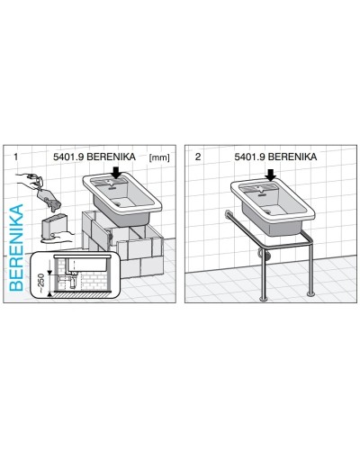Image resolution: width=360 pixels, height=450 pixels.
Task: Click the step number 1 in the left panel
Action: pyautogui.click(x=15, y=157)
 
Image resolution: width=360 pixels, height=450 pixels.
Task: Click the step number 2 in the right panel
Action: pyautogui.click(x=198, y=157)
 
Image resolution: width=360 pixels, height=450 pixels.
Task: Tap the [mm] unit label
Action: pyautogui.click(x=159, y=157)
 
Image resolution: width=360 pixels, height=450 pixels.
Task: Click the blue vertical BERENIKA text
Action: pyautogui.click(x=16, y=247)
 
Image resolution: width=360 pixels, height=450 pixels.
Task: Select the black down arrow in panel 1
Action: pyautogui.click(x=116, y=172)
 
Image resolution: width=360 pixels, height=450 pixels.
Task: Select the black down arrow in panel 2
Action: pyautogui.click(x=271, y=175)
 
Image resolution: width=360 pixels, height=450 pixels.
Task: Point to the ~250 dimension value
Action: pyautogui.click(x=41, y=283)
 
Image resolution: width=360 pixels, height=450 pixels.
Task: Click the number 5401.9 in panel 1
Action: pyautogui.click(x=68, y=157)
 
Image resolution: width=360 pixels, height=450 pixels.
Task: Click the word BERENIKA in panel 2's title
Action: pyautogui.click(x=292, y=157)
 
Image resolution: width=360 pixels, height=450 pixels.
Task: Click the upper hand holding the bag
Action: pyautogui.click(x=28, y=177)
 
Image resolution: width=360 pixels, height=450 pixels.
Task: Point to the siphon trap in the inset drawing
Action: pyautogui.click(x=73, y=281)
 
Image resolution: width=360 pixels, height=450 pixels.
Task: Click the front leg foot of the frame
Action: pyautogui.click(x=263, y=298)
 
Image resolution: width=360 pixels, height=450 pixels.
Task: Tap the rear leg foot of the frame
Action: pyautogui.click(x=310, y=294)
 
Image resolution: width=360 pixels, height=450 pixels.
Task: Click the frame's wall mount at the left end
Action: pyautogui.click(x=227, y=214)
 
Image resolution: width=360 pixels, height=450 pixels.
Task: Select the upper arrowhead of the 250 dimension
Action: pyautogui.click(x=49, y=273)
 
